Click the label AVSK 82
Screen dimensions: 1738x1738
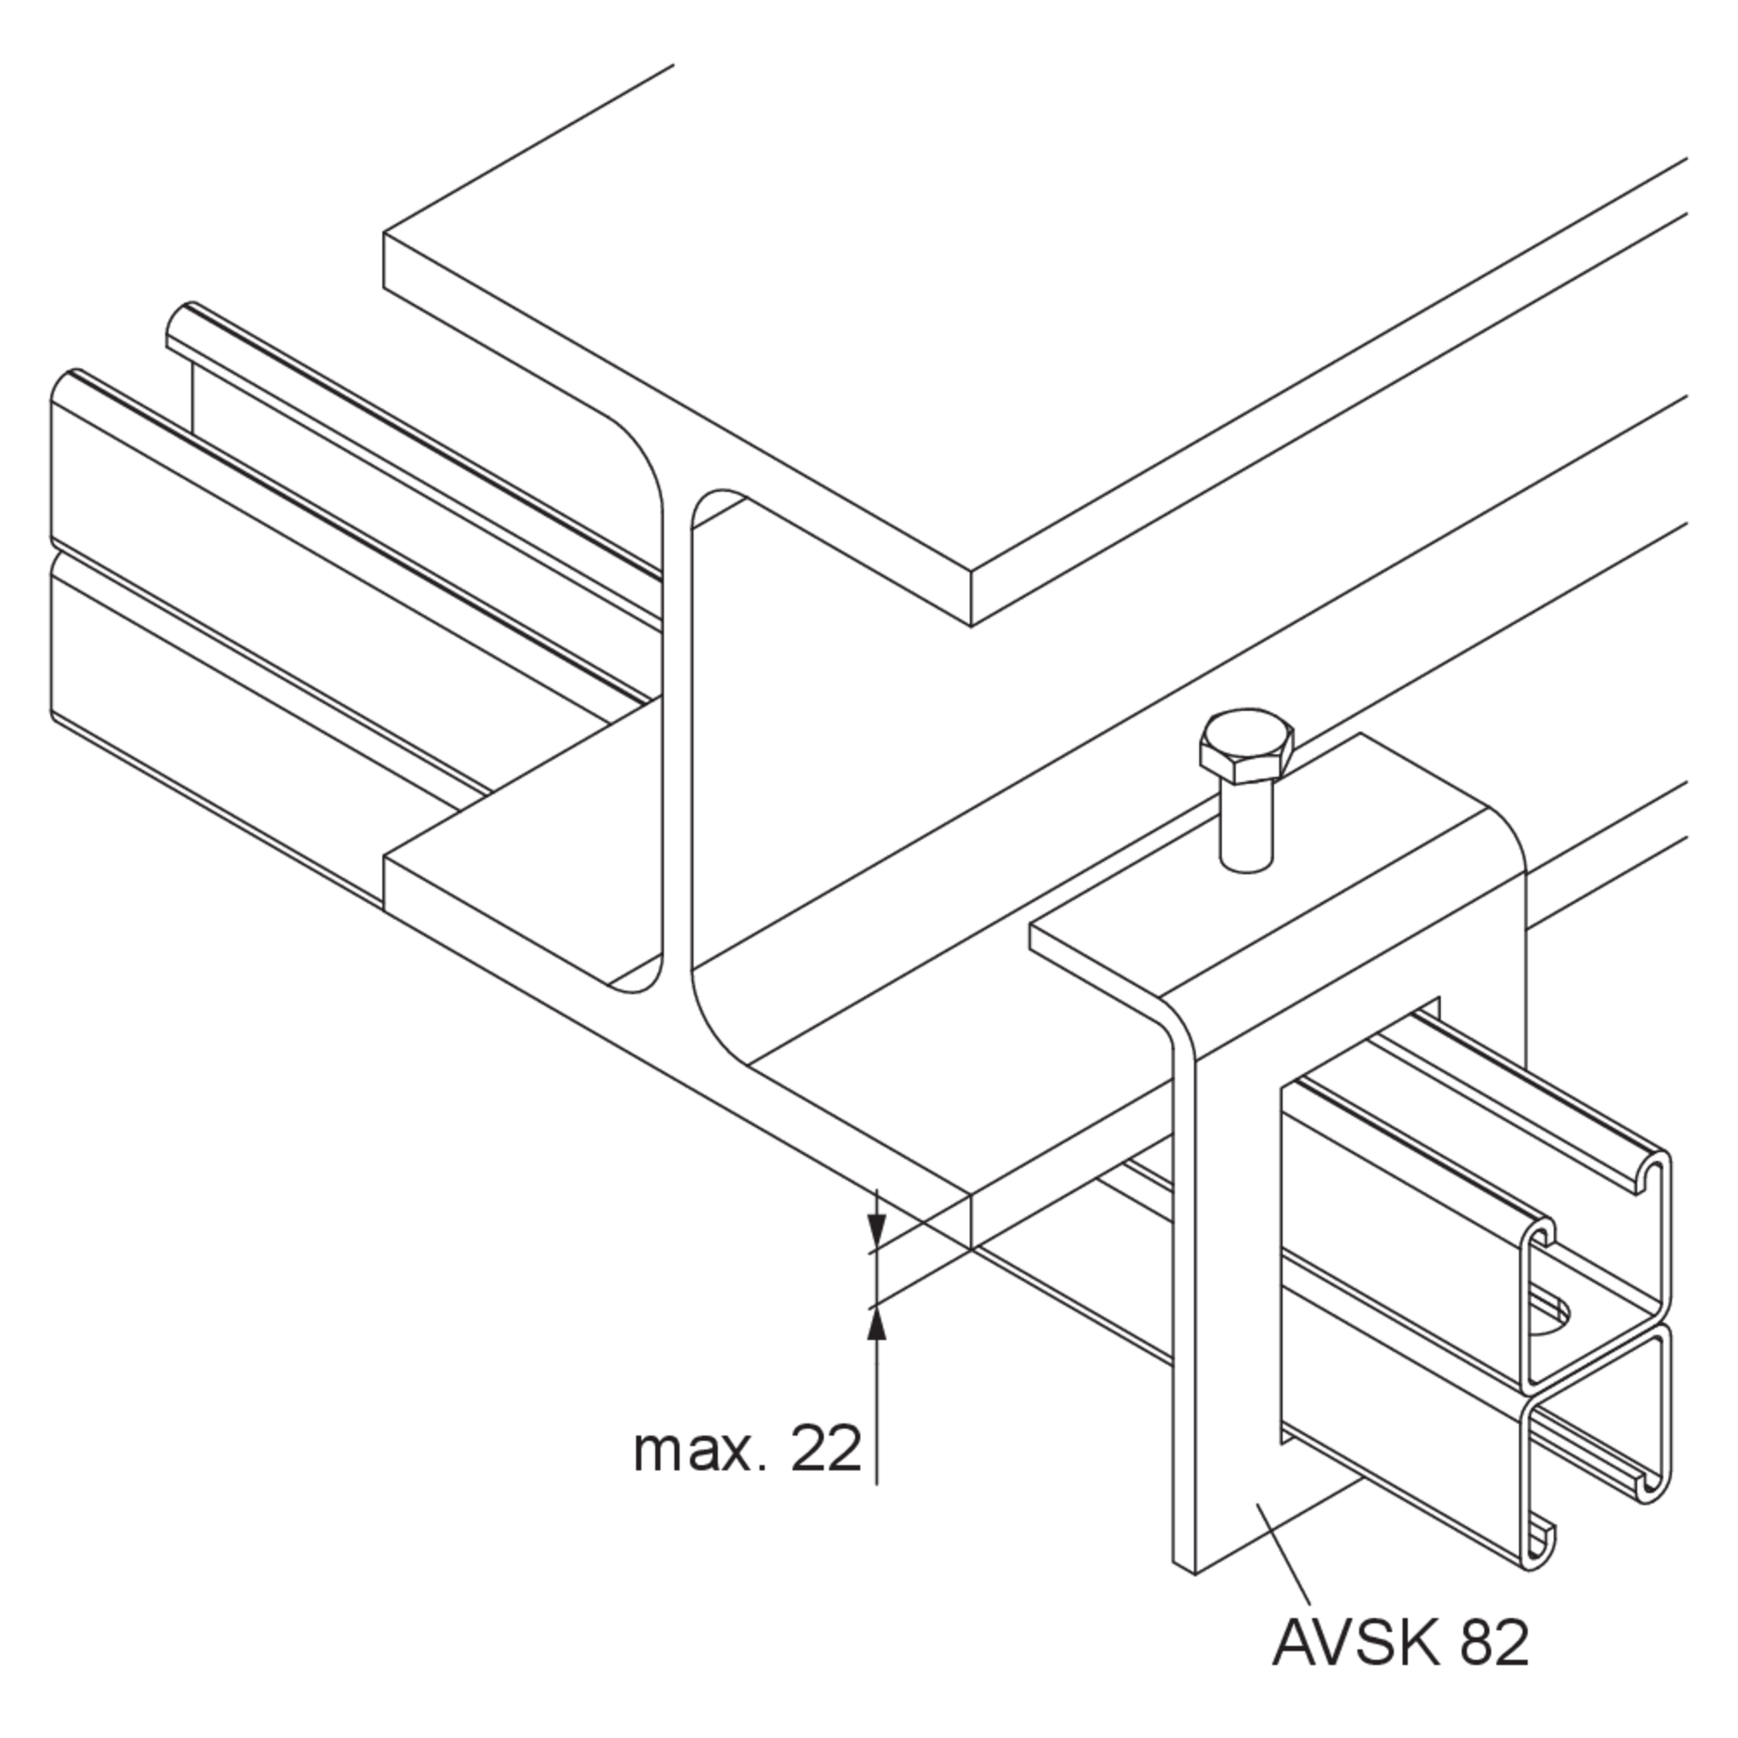1400,1642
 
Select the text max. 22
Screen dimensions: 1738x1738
748,1449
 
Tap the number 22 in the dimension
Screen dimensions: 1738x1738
826,1449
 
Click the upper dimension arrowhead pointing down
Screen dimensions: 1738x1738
877,1229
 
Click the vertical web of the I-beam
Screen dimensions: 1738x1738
677,738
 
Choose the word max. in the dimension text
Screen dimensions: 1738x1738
700,1449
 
